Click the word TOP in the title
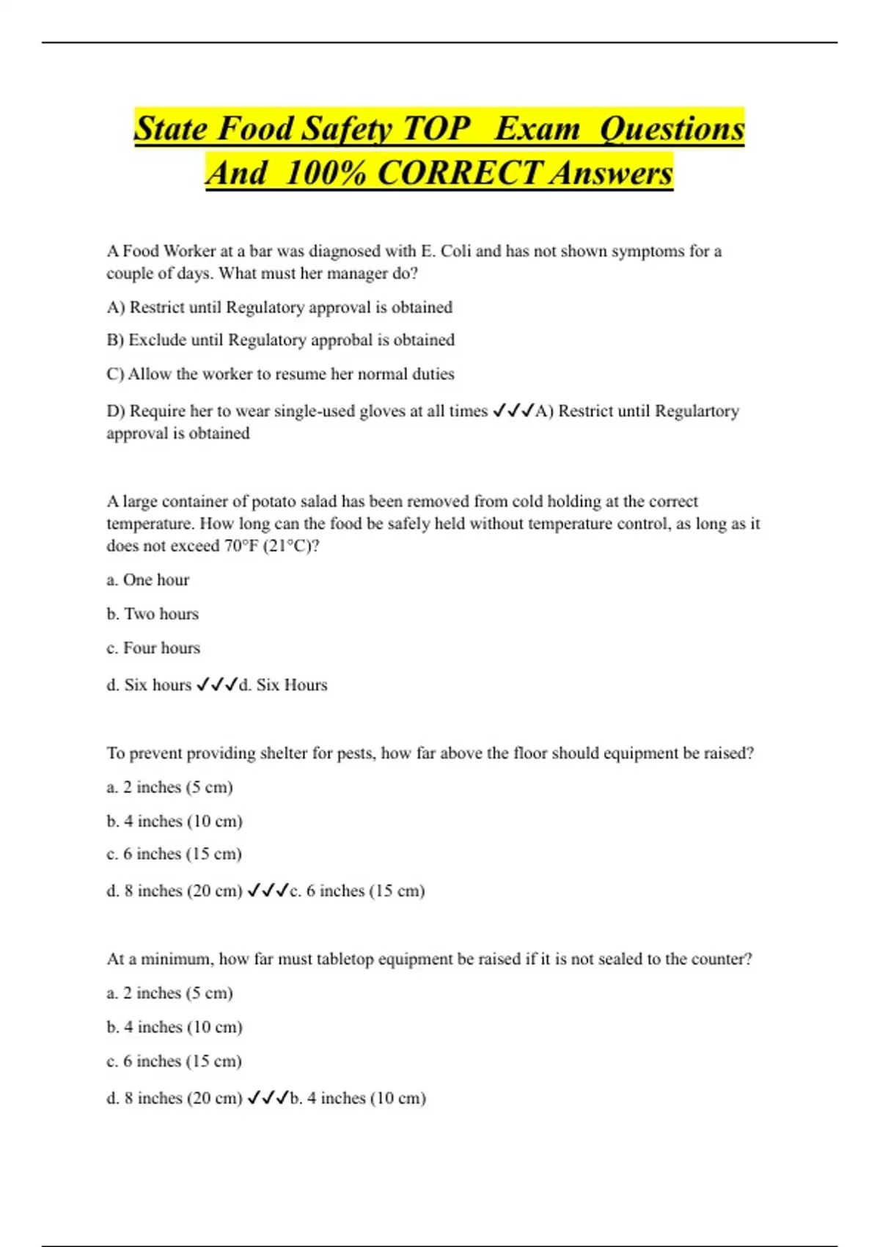coord(437,128)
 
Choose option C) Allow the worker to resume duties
coord(280,374)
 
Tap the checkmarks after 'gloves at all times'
coord(513,411)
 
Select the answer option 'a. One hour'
coord(147,580)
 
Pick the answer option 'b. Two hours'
coord(153,614)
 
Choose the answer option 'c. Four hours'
coord(153,648)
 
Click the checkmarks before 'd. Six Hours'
coord(217,685)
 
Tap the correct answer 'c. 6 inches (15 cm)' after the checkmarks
coord(357,891)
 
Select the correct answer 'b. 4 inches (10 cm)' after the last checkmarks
coord(358,1098)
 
